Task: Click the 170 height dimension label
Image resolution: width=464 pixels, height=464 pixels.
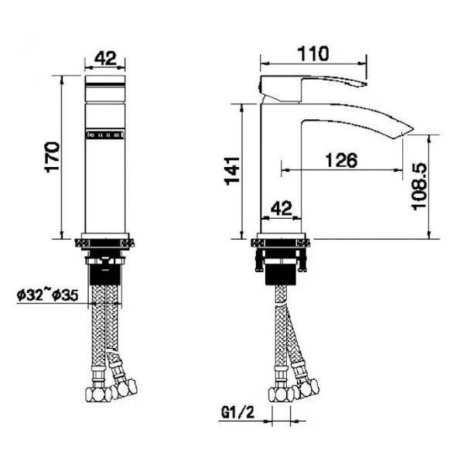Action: [x=52, y=157]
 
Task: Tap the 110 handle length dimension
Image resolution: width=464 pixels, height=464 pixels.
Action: [x=312, y=53]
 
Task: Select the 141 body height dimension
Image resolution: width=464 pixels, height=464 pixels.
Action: [x=232, y=171]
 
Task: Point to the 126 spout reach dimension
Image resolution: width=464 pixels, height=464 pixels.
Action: [x=341, y=160]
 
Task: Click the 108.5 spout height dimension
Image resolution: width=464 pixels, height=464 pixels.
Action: [x=419, y=186]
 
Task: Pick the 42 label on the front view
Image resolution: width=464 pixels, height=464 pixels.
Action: [x=105, y=58]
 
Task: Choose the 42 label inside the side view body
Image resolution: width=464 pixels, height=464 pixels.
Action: [x=281, y=208]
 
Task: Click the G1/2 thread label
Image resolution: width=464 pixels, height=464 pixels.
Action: [x=237, y=412]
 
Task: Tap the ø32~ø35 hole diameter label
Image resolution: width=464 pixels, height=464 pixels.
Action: [x=48, y=295]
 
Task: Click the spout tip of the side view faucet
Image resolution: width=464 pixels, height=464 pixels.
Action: [x=413, y=130]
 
